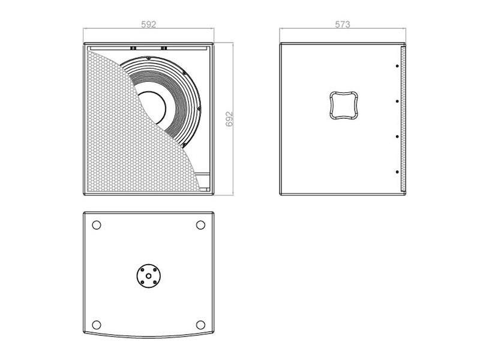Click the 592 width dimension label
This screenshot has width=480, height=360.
click(148, 24)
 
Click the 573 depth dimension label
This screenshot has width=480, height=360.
click(342, 24)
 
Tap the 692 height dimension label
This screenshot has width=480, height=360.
click(229, 119)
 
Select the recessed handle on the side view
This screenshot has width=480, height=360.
click(344, 105)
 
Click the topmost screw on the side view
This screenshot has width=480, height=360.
click(397, 66)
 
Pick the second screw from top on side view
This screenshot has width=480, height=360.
click(397, 101)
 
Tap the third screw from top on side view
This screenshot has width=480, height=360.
click(397, 137)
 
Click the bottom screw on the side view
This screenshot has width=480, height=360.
click(397, 172)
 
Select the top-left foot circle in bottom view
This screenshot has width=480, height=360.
click(97, 225)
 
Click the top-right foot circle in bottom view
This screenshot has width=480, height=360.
click(200, 225)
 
